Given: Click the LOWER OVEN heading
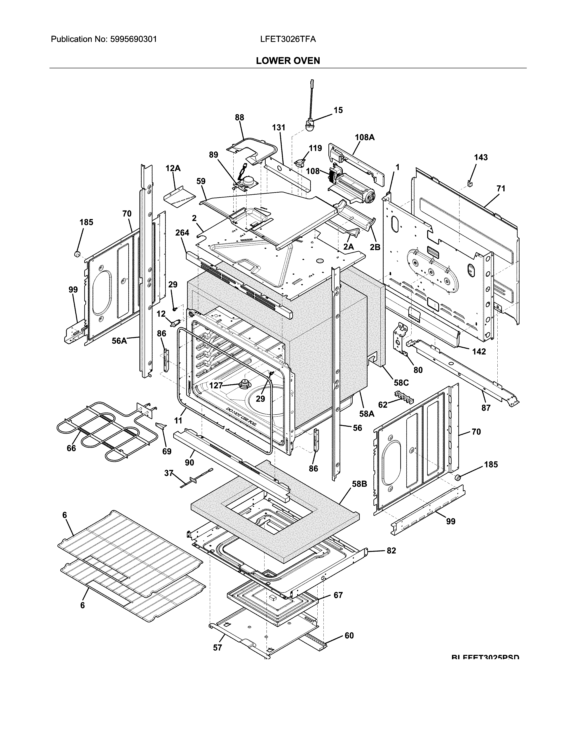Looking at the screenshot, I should pyautogui.click(x=288, y=61).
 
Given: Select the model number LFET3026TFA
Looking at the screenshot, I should pyautogui.click(x=288, y=39).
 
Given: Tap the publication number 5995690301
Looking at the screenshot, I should pyautogui.click(x=133, y=39).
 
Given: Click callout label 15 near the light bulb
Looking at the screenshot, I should pyautogui.click(x=338, y=110).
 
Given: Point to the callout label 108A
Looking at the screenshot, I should pyautogui.click(x=364, y=137).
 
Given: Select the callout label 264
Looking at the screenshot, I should pyautogui.click(x=182, y=233).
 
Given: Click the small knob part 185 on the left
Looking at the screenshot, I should pyautogui.click(x=77, y=254).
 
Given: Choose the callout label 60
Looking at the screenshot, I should pyautogui.click(x=349, y=635).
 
